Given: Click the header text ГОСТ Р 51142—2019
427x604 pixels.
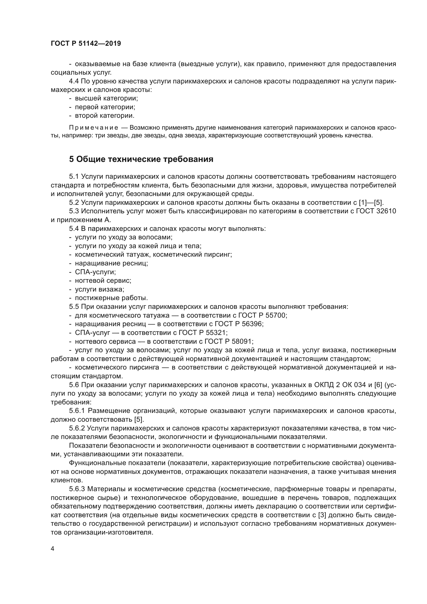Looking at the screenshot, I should coord(86,44).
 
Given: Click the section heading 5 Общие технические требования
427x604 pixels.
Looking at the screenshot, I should coord(141,159).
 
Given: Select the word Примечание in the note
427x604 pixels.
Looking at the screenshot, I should coord(93,128).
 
